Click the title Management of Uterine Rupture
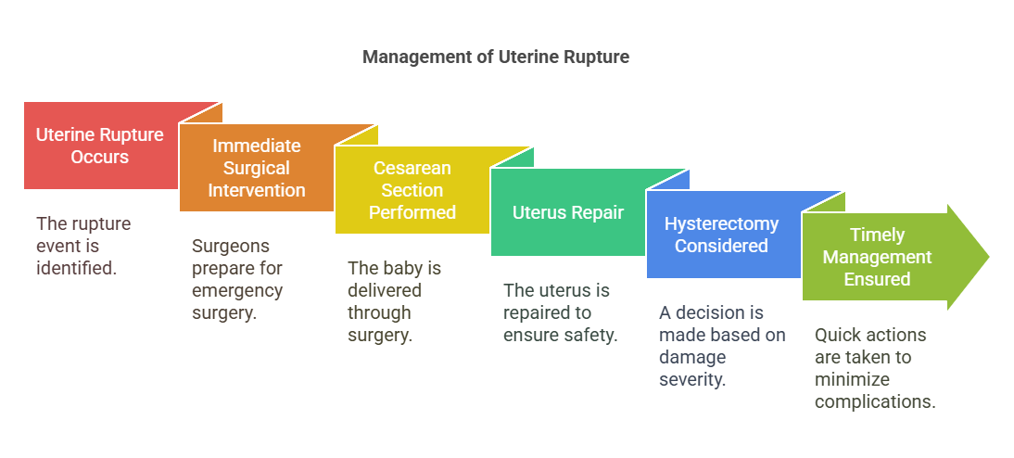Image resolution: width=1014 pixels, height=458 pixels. pos(495,57)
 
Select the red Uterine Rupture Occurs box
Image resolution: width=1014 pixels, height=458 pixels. pos(101,146)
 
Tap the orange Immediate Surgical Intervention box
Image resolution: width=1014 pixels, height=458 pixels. pos(257,168)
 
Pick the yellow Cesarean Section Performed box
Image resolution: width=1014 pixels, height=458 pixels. pos(412,190)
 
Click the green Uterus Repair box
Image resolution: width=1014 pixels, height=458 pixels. pos(568,212)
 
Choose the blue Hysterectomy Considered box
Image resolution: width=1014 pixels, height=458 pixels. pos(723,235)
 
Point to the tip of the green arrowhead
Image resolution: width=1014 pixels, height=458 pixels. pos(989,257)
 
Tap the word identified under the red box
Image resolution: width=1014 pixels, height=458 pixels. pos(76,267)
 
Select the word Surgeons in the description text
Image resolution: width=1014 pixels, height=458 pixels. pos(231,246)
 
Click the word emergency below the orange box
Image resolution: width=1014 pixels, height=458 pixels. pos(237,290)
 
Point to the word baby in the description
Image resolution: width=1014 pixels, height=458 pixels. pos(393,268)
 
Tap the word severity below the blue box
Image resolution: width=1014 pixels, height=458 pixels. pos(692,380)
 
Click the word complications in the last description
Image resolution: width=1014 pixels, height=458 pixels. pos(875,401)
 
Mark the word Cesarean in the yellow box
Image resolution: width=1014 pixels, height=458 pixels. pos(412,168)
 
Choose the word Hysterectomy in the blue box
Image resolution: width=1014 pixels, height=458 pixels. pos(722,223)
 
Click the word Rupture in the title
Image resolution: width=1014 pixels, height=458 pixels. pos(596,57)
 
